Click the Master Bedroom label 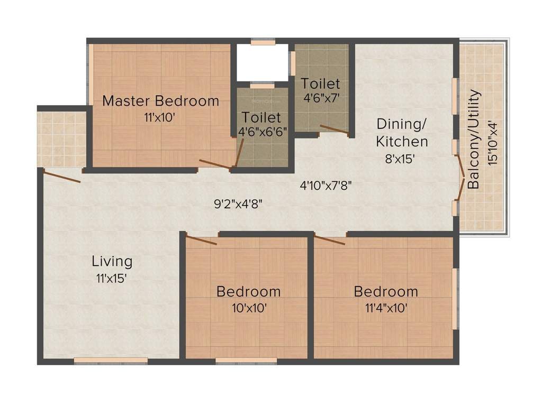[x=160, y=100]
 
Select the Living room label [x=112, y=261]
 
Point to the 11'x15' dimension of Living [x=112, y=278]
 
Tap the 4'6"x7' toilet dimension [x=320, y=99]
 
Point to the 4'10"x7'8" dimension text [x=326, y=186]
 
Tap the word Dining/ [x=401, y=124]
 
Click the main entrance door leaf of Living [x=62, y=177]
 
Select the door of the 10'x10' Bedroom [x=202, y=240]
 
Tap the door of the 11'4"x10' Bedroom [x=330, y=241]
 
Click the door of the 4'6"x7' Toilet [x=334, y=130]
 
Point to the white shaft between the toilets [x=262, y=62]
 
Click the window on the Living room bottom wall [x=111, y=361]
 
